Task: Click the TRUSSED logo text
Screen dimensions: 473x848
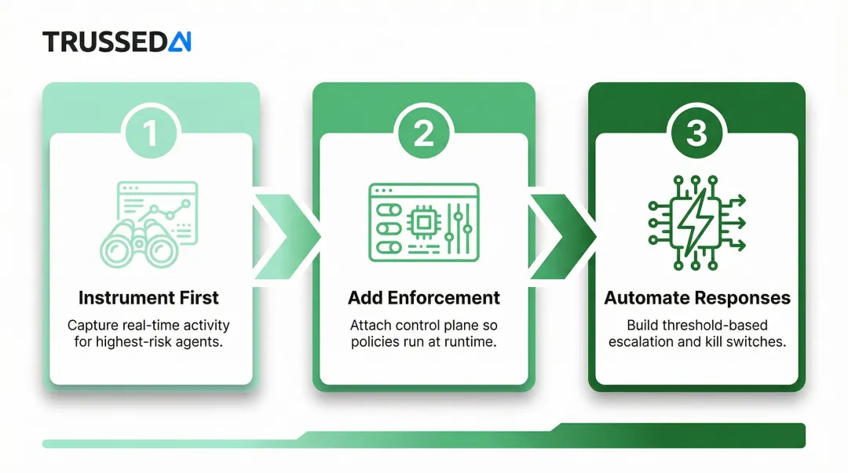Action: (105, 42)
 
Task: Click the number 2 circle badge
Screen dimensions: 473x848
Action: (423, 133)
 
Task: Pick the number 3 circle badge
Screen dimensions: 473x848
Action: (696, 133)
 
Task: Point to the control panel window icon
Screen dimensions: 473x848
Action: (423, 222)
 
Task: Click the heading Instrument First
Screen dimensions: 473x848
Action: (148, 298)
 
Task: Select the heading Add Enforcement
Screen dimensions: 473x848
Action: (423, 298)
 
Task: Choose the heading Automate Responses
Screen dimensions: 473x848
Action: (696, 298)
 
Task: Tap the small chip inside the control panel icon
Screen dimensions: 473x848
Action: (423, 223)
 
